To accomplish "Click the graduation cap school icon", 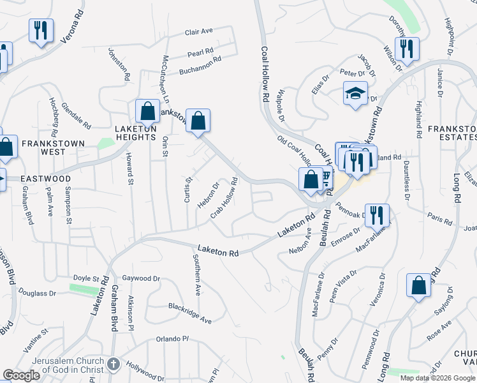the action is (355, 94).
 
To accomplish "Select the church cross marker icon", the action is (113, 364).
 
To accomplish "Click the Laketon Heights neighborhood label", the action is (135, 128).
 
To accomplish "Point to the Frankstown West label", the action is (43, 147).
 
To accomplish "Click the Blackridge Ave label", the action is (190, 313).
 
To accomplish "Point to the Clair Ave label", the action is (198, 31).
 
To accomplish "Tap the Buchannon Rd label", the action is (200, 64).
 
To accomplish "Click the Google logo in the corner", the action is (21, 375).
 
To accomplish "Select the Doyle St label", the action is (86, 280).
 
